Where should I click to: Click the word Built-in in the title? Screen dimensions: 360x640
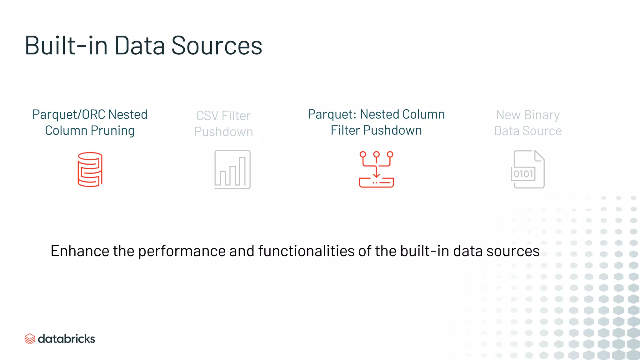66,46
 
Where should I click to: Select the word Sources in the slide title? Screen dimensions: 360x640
217,46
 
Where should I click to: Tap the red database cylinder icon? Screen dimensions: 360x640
90,169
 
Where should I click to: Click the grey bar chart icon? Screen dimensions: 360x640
232,169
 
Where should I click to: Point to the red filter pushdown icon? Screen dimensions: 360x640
376,169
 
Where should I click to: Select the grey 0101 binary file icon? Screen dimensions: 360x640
528,169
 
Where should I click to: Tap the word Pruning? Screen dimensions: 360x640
112,131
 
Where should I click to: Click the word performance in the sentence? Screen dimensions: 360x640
182,251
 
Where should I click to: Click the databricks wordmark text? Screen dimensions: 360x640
66,339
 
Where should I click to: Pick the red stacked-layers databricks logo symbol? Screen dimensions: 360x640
30,339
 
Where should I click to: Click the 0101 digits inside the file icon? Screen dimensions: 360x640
523,174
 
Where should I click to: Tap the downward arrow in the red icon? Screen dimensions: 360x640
376,172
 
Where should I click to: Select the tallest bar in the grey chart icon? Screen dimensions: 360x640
242,171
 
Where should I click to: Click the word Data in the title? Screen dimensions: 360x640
140,46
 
